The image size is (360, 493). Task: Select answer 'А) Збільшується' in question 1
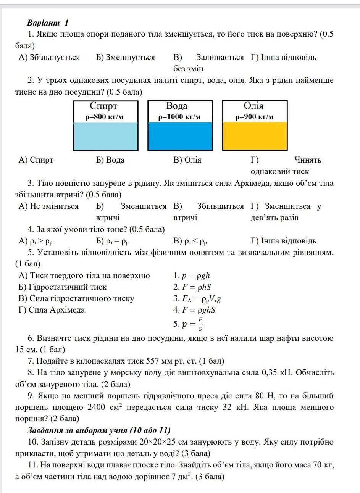49,58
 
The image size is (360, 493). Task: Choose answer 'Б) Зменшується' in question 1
126,58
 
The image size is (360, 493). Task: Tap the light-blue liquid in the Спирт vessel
105,136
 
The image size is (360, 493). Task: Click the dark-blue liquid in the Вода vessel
180,136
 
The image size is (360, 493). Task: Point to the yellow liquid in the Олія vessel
255,136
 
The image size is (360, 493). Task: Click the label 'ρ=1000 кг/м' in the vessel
179,117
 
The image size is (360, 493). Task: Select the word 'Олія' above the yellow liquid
253,106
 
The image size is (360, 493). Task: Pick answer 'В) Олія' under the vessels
187,160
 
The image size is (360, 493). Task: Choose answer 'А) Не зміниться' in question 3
48,206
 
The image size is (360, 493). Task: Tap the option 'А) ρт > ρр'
38,241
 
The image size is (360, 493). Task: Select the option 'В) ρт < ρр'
190,241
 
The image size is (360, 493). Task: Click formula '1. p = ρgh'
192,275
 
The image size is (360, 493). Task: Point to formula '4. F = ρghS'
194,310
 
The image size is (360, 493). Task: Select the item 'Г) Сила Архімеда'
52,310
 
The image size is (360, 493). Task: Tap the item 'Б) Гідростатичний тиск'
63,287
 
